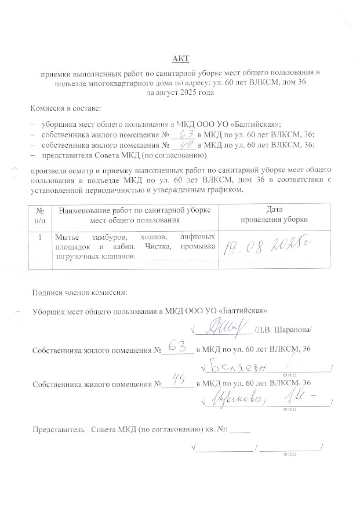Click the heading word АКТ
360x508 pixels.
[180, 59]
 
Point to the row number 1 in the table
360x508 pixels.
[39, 237]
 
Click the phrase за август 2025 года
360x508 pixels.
[180, 92]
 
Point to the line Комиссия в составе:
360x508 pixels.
[66, 108]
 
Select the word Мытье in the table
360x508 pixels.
[66, 237]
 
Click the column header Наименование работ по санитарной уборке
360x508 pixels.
[134, 210]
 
